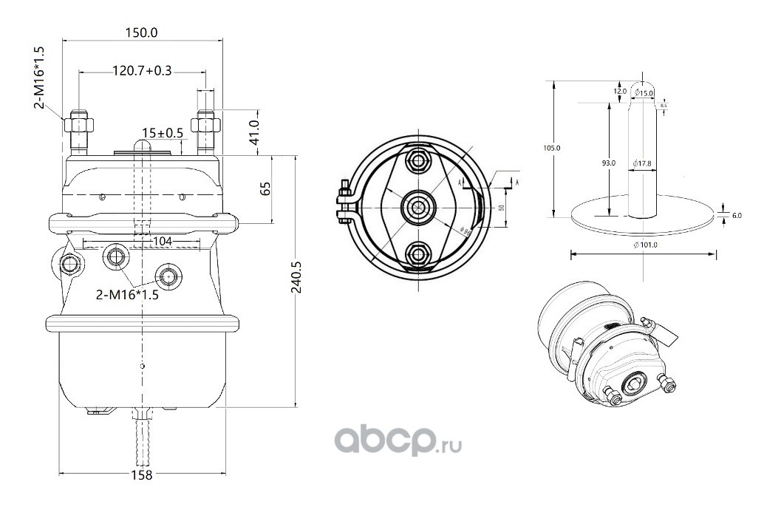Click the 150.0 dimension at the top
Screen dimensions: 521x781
point(140,33)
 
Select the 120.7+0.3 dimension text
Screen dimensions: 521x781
point(142,71)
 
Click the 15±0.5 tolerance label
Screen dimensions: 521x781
point(163,132)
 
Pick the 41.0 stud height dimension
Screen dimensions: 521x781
point(253,132)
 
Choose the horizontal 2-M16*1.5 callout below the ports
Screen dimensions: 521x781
point(128,296)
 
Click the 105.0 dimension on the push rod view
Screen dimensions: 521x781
point(552,148)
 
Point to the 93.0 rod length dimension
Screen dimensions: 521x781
point(608,163)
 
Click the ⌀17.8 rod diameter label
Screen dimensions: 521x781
point(642,163)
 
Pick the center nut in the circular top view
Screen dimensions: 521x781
point(417,206)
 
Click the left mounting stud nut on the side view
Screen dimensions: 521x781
point(78,123)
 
